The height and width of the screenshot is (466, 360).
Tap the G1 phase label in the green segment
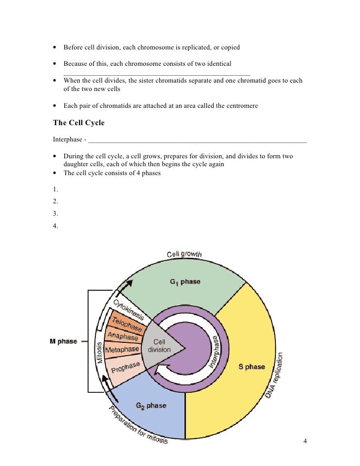click(x=185, y=282)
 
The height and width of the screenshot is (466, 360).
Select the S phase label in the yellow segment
click(x=252, y=367)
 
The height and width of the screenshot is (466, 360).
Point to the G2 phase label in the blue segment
click(x=151, y=406)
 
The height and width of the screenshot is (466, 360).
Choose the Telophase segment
click(x=127, y=324)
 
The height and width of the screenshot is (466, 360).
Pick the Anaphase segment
click(x=123, y=336)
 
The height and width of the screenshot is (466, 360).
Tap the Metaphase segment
click(x=122, y=350)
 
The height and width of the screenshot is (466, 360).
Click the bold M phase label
click(x=64, y=341)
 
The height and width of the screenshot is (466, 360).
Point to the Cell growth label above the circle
click(x=184, y=254)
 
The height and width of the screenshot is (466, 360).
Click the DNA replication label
click(x=282, y=376)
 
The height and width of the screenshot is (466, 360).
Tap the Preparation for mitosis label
click(x=138, y=425)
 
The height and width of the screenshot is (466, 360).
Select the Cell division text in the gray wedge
click(x=159, y=345)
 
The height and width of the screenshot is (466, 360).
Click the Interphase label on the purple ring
click(x=216, y=352)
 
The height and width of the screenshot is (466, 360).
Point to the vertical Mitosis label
click(x=99, y=353)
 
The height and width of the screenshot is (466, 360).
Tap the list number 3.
click(x=55, y=214)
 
